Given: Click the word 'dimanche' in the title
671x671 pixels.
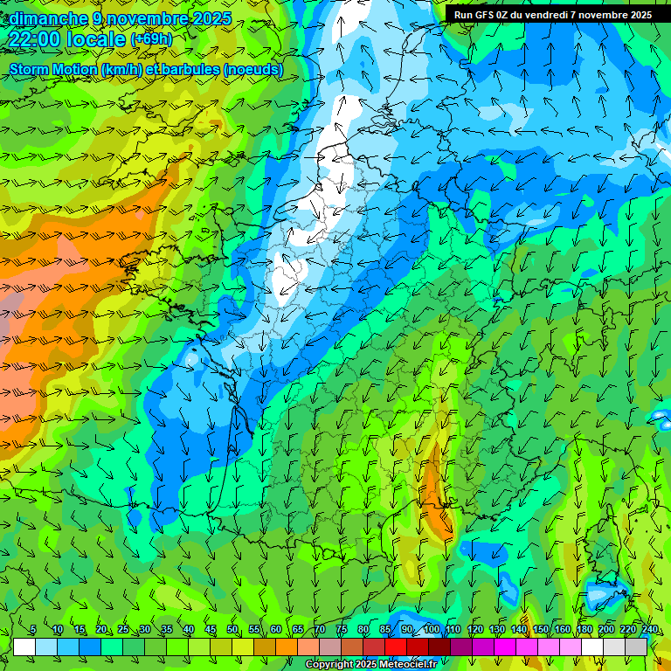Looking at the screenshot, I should click(x=45, y=18).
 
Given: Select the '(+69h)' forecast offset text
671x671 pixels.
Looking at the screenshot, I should click(x=151, y=39).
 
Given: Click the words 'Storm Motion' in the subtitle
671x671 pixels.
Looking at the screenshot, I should click(x=53, y=69).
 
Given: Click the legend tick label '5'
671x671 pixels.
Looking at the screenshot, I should click(x=33, y=629).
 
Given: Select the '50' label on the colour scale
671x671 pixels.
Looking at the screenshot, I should click(x=232, y=629).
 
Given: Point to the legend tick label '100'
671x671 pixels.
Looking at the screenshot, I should click(x=432, y=629).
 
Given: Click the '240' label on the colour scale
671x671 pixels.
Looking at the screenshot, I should click(x=650, y=629).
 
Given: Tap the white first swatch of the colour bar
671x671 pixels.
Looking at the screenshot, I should click(x=24, y=647).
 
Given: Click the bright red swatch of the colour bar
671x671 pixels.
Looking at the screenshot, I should click(x=396, y=647).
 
